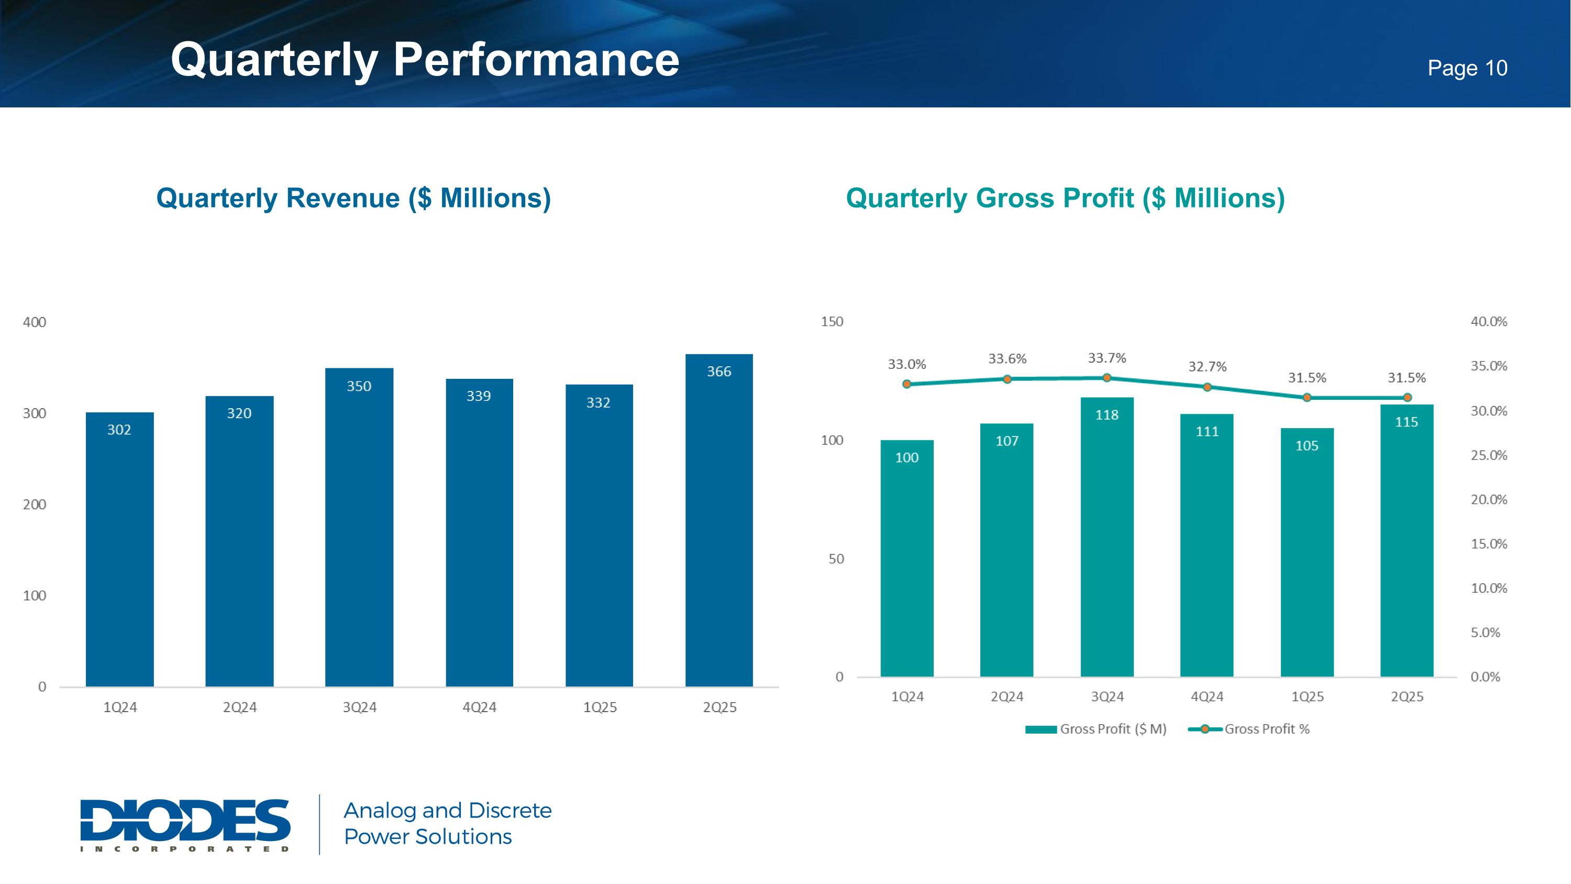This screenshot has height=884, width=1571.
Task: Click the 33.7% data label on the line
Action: point(1107,358)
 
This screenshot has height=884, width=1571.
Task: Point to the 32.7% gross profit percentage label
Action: point(1207,367)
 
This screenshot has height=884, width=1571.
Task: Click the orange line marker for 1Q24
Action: point(906,384)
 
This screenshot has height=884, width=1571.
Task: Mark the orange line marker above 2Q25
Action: point(1407,397)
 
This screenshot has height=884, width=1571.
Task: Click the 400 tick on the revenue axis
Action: point(34,322)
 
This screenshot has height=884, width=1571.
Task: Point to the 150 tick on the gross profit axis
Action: point(832,322)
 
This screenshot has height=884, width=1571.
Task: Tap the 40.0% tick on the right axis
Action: point(1489,322)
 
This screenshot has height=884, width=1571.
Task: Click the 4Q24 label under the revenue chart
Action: point(479,708)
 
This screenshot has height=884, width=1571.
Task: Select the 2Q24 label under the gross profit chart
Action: point(1007,697)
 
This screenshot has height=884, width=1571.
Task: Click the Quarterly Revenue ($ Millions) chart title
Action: point(353,198)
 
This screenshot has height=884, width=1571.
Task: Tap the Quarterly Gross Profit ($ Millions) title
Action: point(1065,198)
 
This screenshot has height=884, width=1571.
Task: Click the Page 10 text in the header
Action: point(1467,68)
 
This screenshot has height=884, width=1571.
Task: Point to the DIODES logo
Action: point(185,824)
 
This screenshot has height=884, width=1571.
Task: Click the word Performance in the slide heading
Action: point(536,60)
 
